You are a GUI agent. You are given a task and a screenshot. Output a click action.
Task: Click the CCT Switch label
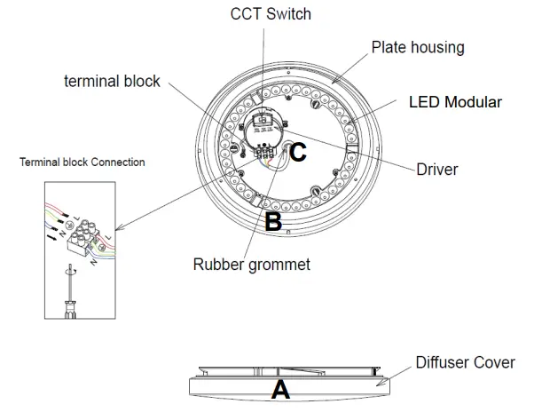(x=271, y=14)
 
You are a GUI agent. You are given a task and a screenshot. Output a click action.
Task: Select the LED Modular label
(x=454, y=102)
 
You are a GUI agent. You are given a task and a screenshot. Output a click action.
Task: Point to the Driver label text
(x=437, y=169)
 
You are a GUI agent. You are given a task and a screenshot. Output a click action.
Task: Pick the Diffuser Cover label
(x=465, y=362)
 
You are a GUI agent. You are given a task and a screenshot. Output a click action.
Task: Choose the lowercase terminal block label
(x=112, y=81)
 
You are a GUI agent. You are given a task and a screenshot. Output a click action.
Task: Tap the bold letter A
(x=280, y=389)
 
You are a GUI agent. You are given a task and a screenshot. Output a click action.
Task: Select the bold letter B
(x=273, y=221)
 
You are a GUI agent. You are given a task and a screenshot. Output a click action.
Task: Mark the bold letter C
(x=298, y=153)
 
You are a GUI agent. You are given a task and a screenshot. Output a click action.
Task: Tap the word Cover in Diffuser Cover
(x=494, y=362)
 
